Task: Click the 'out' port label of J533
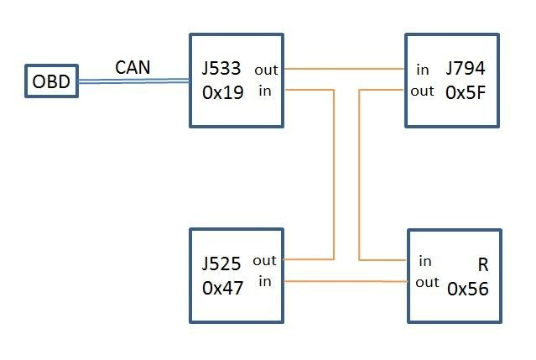[268, 70]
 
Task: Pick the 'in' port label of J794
[421, 70]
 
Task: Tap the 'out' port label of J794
[423, 91]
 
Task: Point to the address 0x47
[222, 286]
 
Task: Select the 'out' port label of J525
[264, 261]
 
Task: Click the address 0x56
[468, 290]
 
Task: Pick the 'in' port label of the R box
[425, 261]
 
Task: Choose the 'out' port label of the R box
[427, 282]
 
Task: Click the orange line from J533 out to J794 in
[344, 68]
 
